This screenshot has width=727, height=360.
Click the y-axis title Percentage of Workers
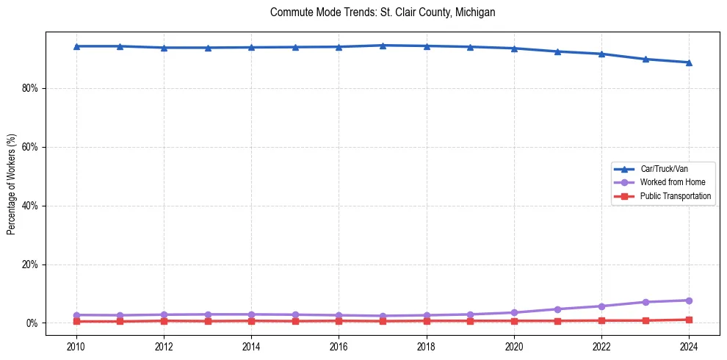(x=12, y=184)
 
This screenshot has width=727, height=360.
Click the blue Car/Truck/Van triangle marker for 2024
(x=689, y=62)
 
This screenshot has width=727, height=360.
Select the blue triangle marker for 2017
(x=383, y=46)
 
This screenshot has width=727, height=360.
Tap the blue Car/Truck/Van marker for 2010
(x=76, y=46)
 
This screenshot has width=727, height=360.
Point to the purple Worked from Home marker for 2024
(x=689, y=300)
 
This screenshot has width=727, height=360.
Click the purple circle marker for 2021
(x=557, y=309)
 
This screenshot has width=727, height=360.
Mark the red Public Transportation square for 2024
(x=689, y=320)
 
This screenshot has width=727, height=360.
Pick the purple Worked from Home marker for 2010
(x=76, y=315)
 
